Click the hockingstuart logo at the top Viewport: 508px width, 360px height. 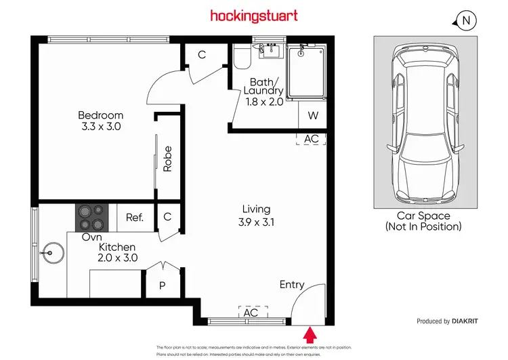pyautogui.click(x=253, y=15)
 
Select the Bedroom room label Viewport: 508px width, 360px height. pyautogui.click(x=100, y=115)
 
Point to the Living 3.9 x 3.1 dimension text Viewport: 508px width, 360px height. pyautogui.click(x=257, y=221)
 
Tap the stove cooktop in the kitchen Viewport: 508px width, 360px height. pyautogui.click(x=91, y=218)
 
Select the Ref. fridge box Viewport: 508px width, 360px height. pyautogui.click(x=135, y=218)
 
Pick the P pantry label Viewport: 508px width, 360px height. pyautogui.click(x=162, y=285)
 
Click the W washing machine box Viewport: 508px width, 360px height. pyautogui.click(x=312, y=115)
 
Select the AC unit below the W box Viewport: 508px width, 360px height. pyautogui.click(x=311, y=138)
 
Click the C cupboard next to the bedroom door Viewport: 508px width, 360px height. pyautogui.click(x=202, y=55)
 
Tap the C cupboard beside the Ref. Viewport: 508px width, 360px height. pyautogui.click(x=167, y=217)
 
